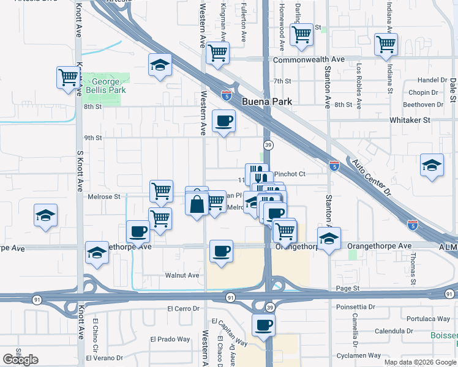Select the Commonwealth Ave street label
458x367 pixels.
tap(309, 60)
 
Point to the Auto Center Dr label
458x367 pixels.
tap(370, 178)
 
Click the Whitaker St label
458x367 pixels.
tap(411, 120)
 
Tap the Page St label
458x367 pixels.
tap(347, 288)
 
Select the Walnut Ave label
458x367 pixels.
tap(182, 275)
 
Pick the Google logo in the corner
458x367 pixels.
tap(21, 360)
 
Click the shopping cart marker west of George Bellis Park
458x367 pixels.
tap(69, 78)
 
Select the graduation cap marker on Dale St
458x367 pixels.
tap(432, 165)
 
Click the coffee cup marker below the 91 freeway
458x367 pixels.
tap(263, 325)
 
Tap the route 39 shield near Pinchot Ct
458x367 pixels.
tap(268, 144)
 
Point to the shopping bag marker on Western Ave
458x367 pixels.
tap(197, 203)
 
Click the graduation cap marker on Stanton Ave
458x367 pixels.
tap(329, 239)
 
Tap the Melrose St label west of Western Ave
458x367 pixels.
tap(103, 196)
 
